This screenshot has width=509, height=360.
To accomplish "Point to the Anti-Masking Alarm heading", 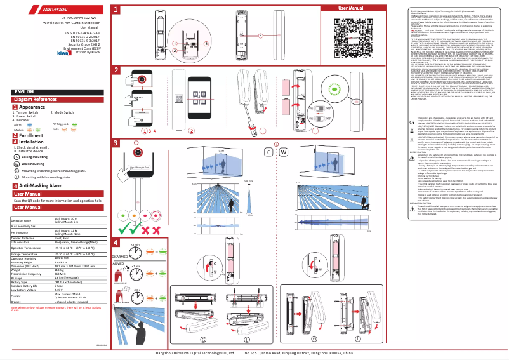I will (40, 186).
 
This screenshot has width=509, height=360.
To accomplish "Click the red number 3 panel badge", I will (116, 143).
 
